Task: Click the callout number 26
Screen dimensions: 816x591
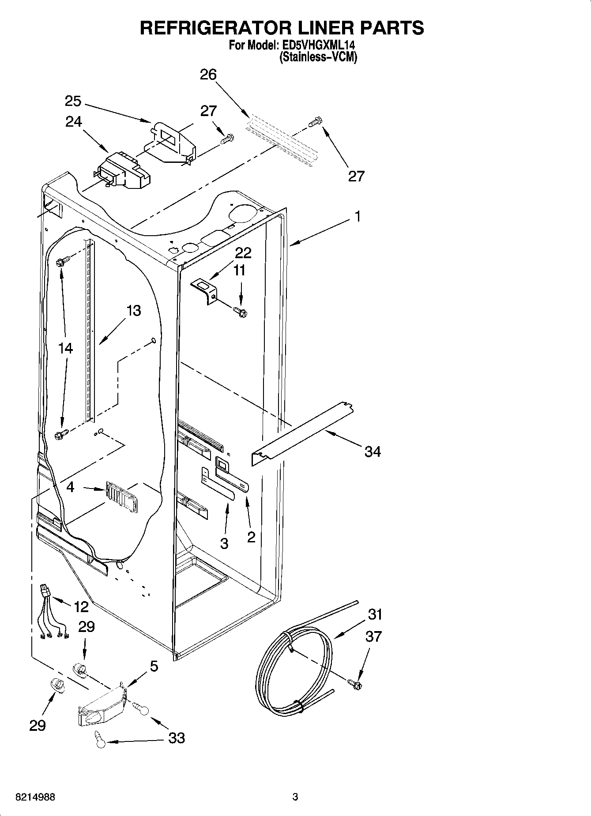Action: (208, 75)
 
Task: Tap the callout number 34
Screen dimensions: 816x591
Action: (373, 451)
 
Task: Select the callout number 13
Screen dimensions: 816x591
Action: (133, 311)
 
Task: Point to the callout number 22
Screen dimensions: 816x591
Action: (243, 253)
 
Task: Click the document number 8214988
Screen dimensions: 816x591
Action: (35, 797)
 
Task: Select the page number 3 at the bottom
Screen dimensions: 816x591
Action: (295, 797)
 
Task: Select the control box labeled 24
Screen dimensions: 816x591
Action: (124, 170)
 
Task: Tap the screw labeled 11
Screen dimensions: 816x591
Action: (241, 312)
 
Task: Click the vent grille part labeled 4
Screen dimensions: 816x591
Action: (121, 496)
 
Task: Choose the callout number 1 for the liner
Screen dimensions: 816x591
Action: (358, 217)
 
